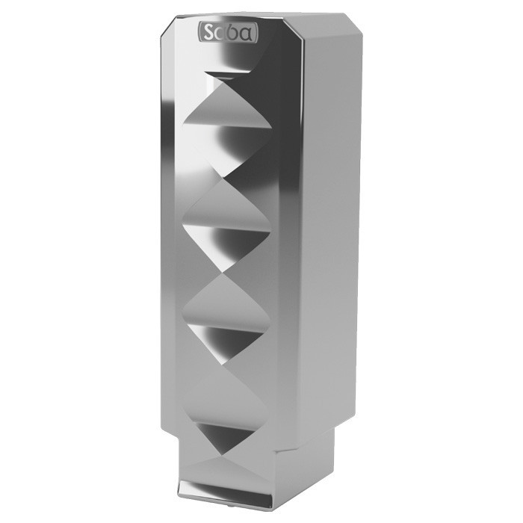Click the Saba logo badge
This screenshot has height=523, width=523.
228,33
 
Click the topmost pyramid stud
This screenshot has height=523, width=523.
227,127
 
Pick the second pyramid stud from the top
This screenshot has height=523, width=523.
227,227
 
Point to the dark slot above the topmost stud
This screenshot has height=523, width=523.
228,75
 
